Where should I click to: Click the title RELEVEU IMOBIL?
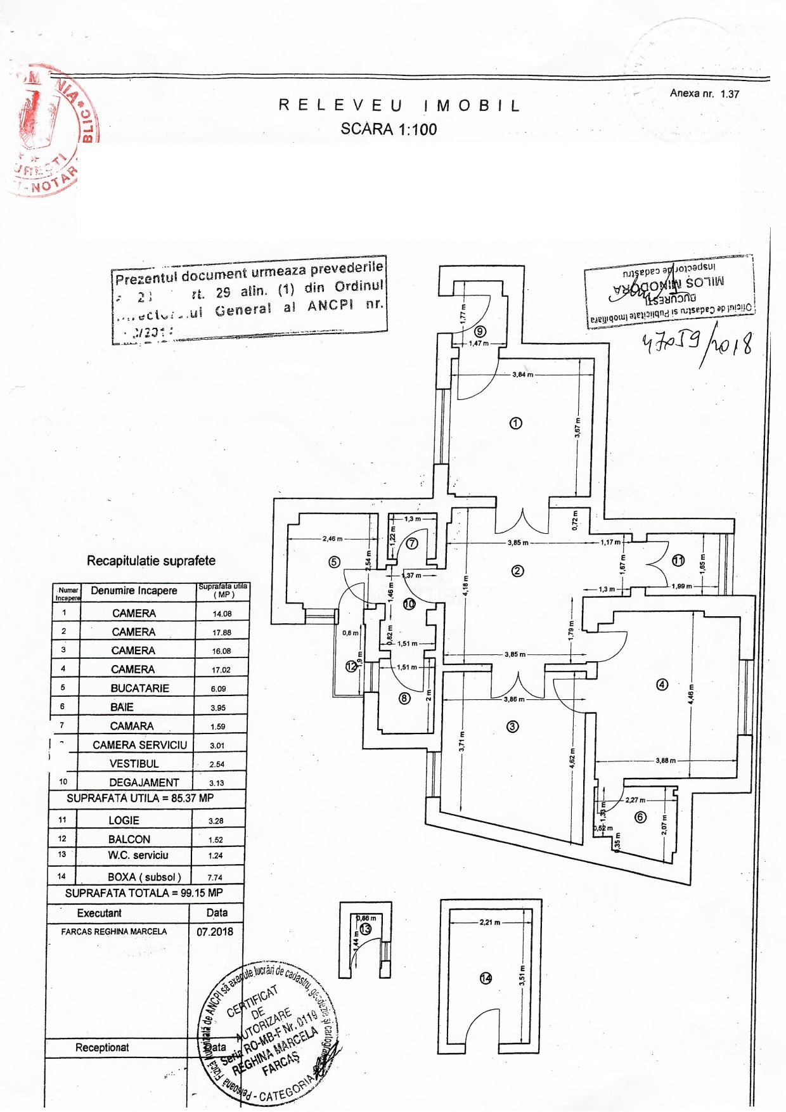[x=399, y=106]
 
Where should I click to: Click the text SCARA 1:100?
[x=389, y=129]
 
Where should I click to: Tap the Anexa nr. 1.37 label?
[x=704, y=94]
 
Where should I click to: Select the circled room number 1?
[x=516, y=423]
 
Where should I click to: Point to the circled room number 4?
[x=662, y=685]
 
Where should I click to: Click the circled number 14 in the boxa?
[x=486, y=978]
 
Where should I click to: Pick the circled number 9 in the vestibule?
[x=480, y=331]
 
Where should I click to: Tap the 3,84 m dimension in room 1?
[x=522, y=375]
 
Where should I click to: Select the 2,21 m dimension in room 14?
[x=489, y=922]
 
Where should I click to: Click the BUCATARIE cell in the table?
[x=139, y=688]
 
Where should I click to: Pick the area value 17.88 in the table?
[x=222, y=632]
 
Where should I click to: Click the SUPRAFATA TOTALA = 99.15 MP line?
[x=144, y=893]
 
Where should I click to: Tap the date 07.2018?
[x=214, y=931]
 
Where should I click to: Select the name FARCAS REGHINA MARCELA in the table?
[x=114, y=931]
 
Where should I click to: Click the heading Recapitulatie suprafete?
[x=151, y=560]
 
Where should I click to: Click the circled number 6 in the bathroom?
[x=640, y=817]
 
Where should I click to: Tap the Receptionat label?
[x=102, y=1047]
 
